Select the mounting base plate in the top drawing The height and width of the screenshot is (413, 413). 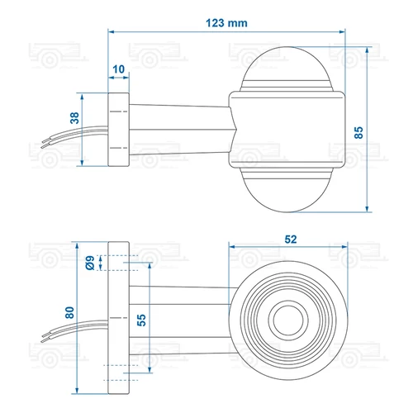[x=119, y=129]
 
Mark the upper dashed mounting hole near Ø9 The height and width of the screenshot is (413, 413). [x=119, y=263]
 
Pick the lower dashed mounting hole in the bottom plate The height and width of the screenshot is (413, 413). [x=119, y=368]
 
